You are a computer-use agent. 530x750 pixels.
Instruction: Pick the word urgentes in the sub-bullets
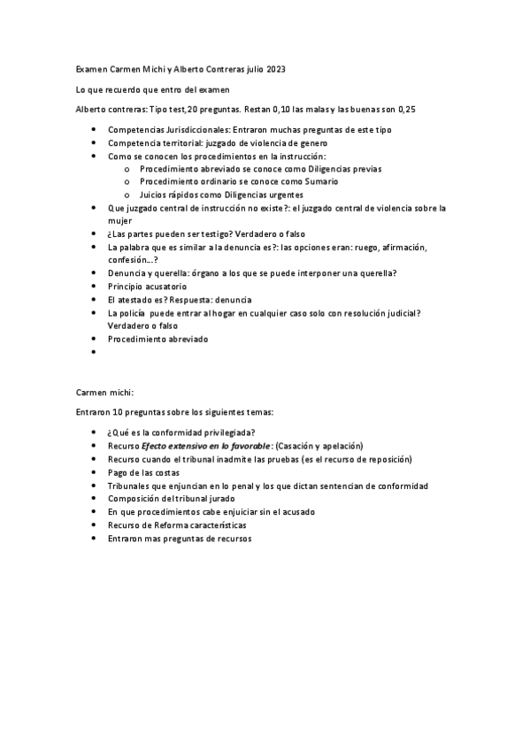tap(286, 195)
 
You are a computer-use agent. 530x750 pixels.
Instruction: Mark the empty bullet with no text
tap(95, 352)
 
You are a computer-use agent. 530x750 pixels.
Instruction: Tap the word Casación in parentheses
tap(299, 446)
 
